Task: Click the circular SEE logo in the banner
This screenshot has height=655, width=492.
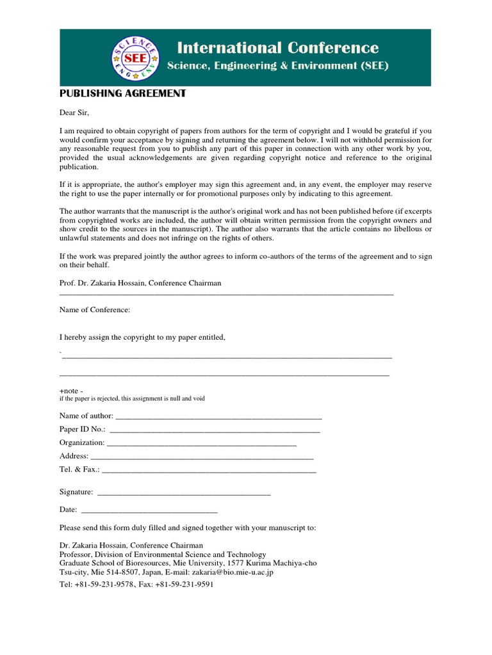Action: coord(135,58)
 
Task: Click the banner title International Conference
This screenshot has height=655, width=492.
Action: coord(277,48)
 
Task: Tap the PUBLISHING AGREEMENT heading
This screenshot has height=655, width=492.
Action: coord(122,93)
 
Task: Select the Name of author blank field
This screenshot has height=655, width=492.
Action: coord(218,416)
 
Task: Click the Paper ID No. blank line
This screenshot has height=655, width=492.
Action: coord(215,430)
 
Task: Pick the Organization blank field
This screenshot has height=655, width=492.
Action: coord(202,443)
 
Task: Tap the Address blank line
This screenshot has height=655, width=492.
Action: coord(202,457)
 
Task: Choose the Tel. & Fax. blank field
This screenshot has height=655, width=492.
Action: coord(209,471)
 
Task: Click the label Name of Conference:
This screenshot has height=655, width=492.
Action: coord(95,310)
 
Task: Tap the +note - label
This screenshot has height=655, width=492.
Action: coord(71,390)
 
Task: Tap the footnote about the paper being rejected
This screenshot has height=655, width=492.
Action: coord(132,399)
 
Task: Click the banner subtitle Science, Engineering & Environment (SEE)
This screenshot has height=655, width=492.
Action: coord(277,66)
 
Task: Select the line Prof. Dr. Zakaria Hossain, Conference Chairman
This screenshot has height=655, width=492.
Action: coord(140,283)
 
